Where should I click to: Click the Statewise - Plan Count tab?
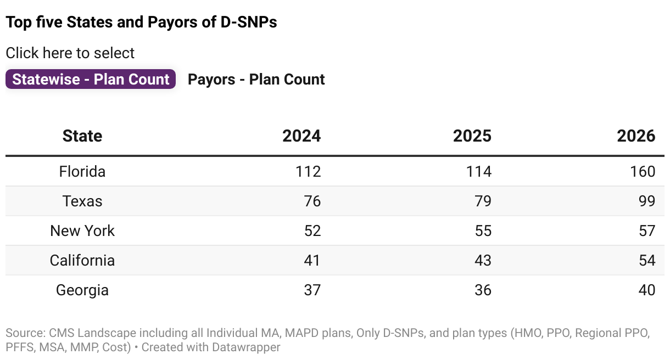point(91,79)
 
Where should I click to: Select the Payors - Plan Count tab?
point(256,79)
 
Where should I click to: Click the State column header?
point(82,136)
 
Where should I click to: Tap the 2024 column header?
point(302,136)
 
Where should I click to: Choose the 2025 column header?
point(472,136)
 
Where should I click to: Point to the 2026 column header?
point(636,136)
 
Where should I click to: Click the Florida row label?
point(82,172)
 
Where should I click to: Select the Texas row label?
point(82,201)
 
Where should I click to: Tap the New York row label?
point(82,231)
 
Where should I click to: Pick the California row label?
point(82,261)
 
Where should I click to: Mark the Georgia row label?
point(82,290)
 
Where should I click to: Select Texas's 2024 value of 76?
point(312,201)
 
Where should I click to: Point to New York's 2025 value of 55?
point(483,231)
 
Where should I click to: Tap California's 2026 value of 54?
point(647,261)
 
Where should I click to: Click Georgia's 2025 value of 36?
point(483,290)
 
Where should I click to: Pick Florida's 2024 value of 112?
point(308,172)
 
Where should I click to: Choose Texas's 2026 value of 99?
point(647,201)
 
